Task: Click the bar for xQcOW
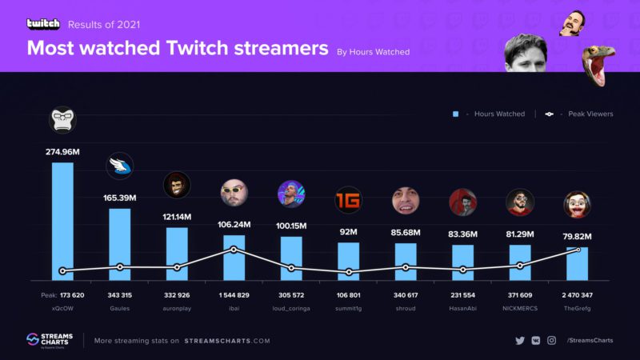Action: click(x=62, y=221)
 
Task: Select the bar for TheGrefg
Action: click(x=578, y=263)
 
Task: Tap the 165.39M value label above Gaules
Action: click(x=120, y=197)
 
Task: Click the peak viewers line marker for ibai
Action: click(x=234, y=250)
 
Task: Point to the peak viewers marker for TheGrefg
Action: click(x=578, y=250)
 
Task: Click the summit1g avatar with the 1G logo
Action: click(x=348, y=199)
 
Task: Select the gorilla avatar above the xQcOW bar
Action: click(x=62, y=120)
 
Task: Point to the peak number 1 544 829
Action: click(x=234, y=295)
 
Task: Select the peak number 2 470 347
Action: click(x=577, y=295)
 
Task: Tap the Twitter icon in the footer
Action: click(x=520, y=341)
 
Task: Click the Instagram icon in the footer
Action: click(x=551, y=341)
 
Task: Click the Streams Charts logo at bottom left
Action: click(x=48, y=341)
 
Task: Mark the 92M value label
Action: click(x=348, y=232)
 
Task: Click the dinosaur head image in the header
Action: click(x=596, y=65)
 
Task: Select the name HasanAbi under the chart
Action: click(x=462, y=307)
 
